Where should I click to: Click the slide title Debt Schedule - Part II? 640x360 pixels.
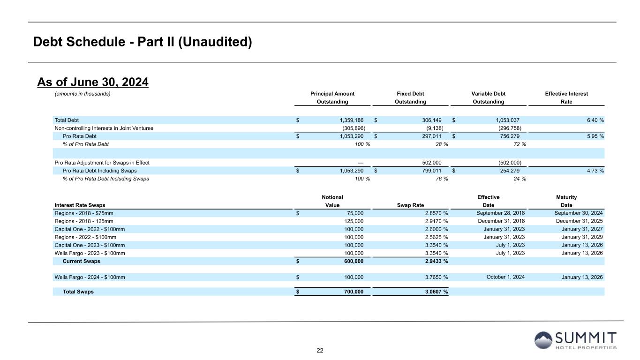143,42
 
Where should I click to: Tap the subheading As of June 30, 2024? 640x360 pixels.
93,82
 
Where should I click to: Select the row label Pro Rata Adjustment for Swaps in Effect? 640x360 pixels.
102,163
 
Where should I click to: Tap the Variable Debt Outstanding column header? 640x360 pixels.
488,97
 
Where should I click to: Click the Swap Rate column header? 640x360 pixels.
410,205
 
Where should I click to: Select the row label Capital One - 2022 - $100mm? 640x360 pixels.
90,229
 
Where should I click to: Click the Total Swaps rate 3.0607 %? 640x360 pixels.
434,292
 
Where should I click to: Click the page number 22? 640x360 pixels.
320,351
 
